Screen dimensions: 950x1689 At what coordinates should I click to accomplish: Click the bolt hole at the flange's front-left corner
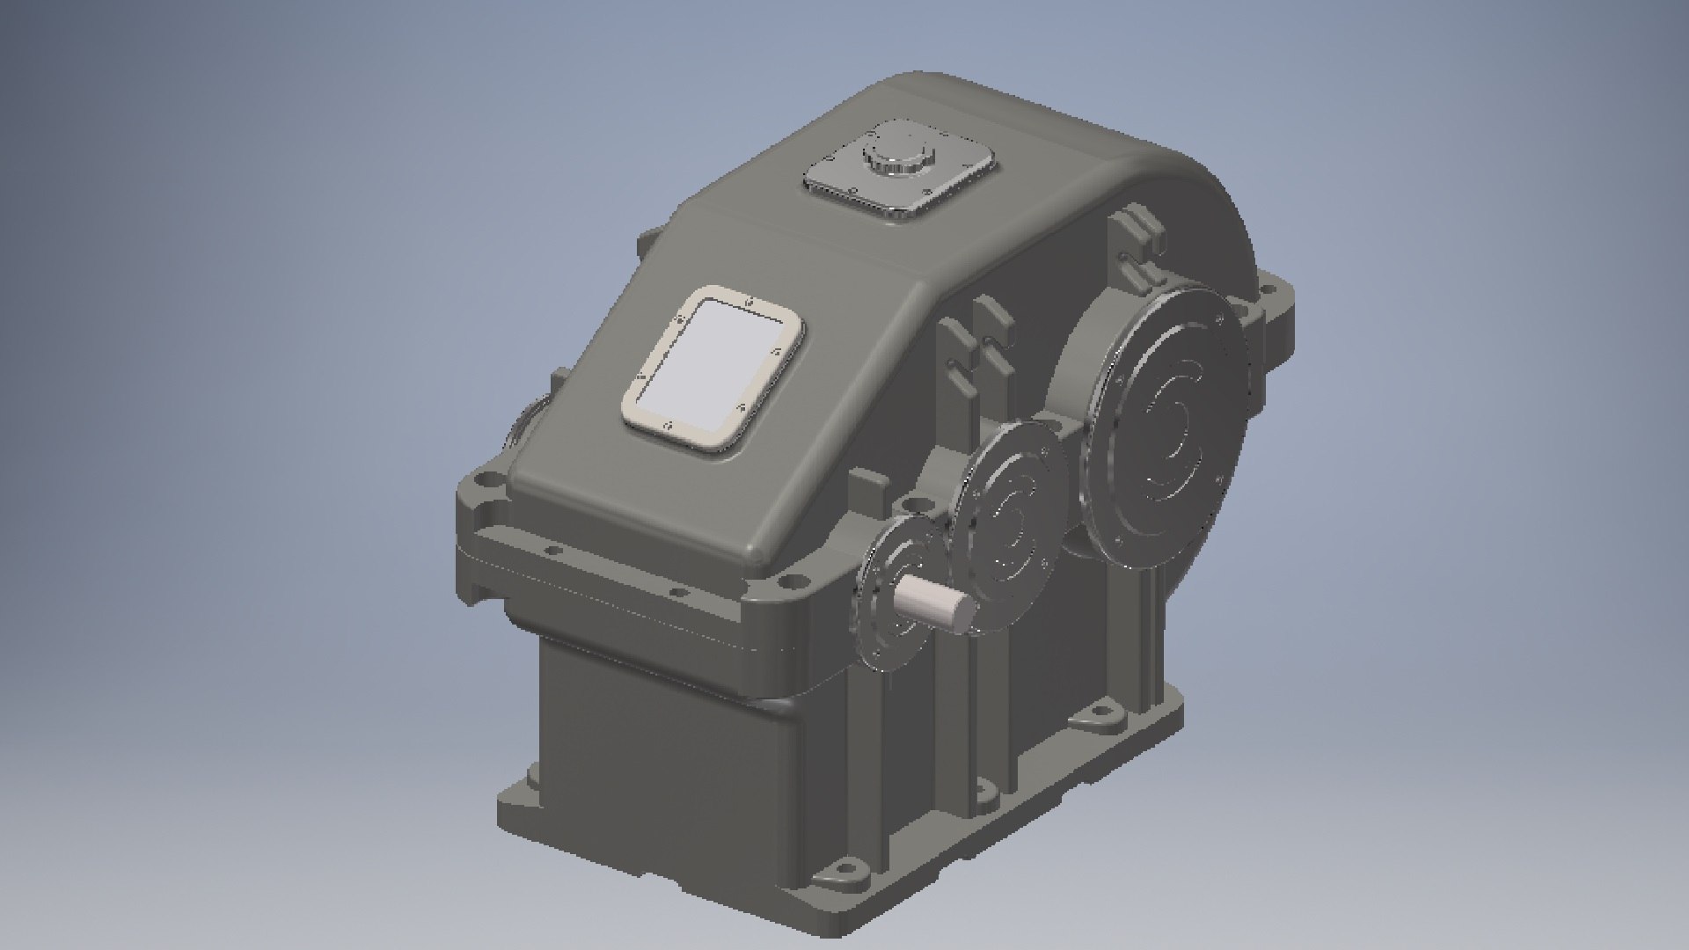tap(481, 482)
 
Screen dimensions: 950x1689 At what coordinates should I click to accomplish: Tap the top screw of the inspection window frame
tap(749, 303)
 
